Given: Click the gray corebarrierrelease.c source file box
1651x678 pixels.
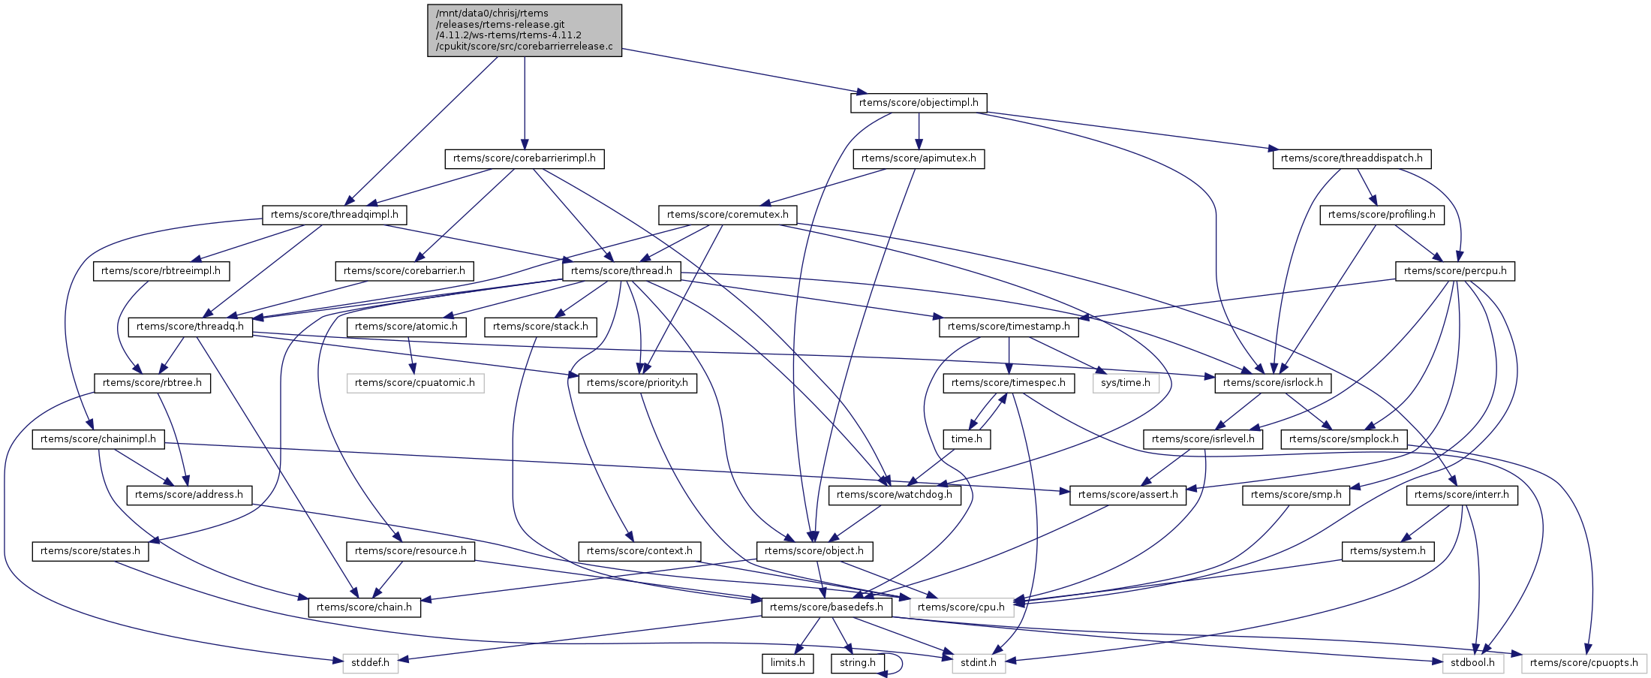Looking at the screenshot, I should click(525, 30).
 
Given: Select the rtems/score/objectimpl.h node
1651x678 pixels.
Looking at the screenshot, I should click(919, 103).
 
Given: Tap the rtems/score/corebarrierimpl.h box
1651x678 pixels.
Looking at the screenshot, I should click(525, 158).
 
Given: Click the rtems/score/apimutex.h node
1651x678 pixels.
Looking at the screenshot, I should click(919, 158).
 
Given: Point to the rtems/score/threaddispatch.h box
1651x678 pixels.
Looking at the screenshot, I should click(1352, 158).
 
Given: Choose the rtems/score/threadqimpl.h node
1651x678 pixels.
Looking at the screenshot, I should click(335, 215).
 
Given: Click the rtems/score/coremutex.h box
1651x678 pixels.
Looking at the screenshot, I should click(727, 215).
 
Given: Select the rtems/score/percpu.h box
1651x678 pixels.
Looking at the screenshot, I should click(1455, 271).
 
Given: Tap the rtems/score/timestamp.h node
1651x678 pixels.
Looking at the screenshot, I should click(1009, 327).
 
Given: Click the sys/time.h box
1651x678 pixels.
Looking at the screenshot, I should click(1125, 383).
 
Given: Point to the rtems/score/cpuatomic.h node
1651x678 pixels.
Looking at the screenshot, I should click(415, 383).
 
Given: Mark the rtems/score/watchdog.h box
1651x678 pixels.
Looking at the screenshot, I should click(894, 495).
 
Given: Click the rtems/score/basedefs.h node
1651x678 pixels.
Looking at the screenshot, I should click(826, 607).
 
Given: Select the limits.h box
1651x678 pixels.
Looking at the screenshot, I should click(787, 663).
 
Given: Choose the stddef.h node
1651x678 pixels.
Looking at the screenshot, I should click(371, 663).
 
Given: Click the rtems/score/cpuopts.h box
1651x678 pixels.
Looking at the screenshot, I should click(1583, 663).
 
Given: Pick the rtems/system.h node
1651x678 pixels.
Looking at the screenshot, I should click(1388, 551).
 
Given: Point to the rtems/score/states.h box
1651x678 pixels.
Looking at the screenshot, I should click(90, 551).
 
